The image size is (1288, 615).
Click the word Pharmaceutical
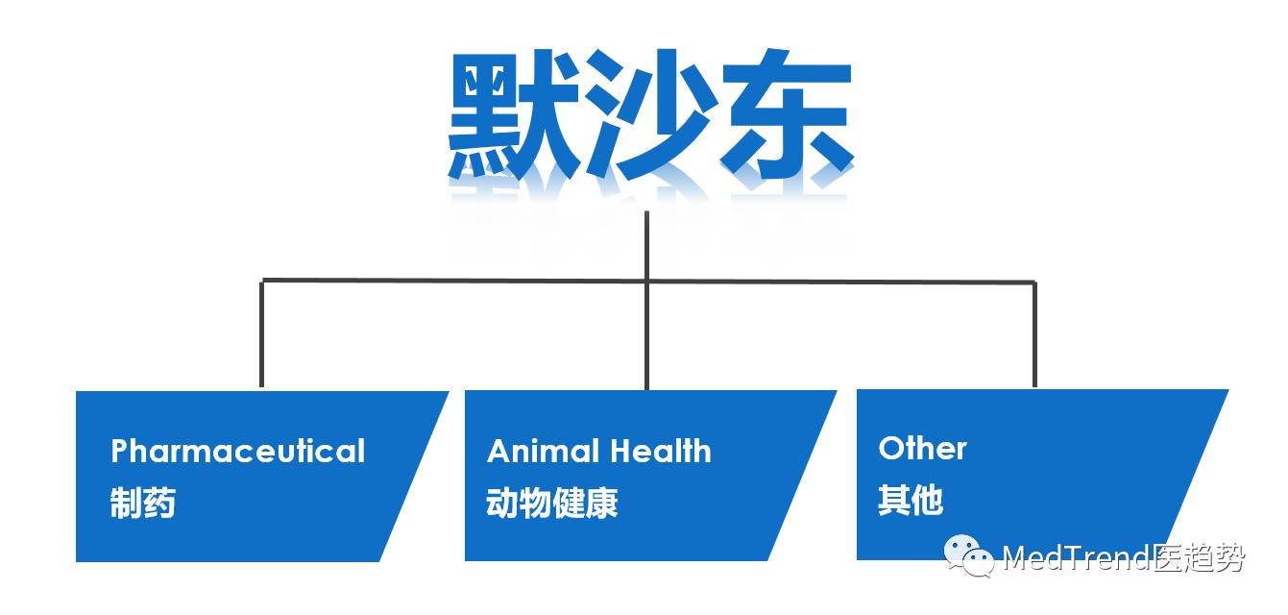(237, 452)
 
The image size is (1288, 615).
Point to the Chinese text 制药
(143, 503)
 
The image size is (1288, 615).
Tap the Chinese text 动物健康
(552, 503)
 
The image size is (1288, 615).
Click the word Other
(922, 448)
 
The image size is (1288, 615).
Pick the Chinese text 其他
(911, 500)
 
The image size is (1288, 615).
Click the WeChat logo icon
(967, 556)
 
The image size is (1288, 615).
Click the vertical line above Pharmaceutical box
(262, 336)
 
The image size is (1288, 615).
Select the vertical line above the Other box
(1034, 336)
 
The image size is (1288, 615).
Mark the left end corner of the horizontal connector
(262, 281)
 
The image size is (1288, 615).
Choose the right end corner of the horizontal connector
(1034, 282)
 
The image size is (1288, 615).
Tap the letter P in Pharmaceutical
(120, 452)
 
